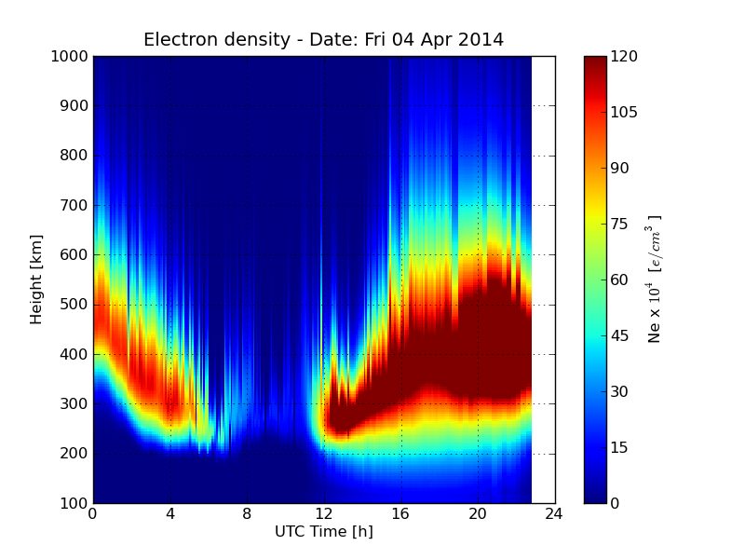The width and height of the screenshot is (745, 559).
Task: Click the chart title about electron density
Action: (x=323, y=40)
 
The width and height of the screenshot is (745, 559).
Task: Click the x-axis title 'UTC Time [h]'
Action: (x=323, y=532)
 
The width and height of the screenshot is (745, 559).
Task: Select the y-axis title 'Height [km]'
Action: (x=36, y=279)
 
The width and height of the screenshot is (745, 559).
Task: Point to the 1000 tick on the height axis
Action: (x=70, y=56)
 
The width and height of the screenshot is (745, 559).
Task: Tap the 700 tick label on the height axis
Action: (x=74, y=205)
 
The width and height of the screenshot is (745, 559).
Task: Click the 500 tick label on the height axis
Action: (x=74, y=305)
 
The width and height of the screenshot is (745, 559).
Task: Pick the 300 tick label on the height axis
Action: (x=74, y=403)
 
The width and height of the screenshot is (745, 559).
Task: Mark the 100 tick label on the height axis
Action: (x=74, y=503)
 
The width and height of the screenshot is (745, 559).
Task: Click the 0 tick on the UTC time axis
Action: (x=93, y=513)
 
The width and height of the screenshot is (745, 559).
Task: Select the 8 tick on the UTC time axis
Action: (x=247, y=513)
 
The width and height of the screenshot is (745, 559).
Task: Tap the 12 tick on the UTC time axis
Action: (x=324, y=513)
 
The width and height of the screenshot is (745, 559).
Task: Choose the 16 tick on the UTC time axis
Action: (x=401, y=513)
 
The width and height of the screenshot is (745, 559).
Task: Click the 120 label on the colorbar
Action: (x=624, y=56)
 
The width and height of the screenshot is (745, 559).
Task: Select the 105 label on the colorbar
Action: (x=624, y=112)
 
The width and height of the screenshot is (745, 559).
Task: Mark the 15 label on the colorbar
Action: (x=620, y=447)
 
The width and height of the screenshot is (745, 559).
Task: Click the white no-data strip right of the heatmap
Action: (x=543, y=279)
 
